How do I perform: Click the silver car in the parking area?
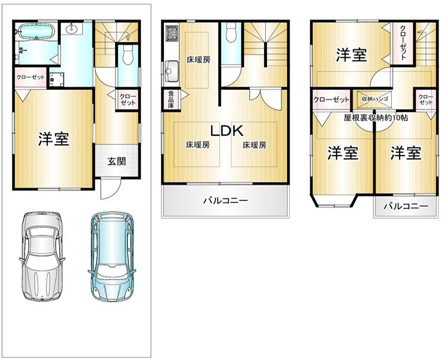coord(42,256)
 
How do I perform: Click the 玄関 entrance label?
coord(117,161)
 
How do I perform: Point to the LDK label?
coord(227,131)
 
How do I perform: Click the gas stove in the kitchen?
coord(172,33)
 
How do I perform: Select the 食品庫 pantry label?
coord(171,100)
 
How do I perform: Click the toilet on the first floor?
coord(128,55)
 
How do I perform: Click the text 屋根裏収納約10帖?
coord(376,118)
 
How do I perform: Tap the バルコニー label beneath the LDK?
coord(225,201)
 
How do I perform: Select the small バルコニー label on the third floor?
coord(406,206)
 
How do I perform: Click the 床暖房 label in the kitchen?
coord(198,60)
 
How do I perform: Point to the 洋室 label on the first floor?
coord(54,139)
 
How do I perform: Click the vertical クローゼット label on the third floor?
coord(403,43)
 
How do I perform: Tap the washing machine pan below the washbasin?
coord(56,79)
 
